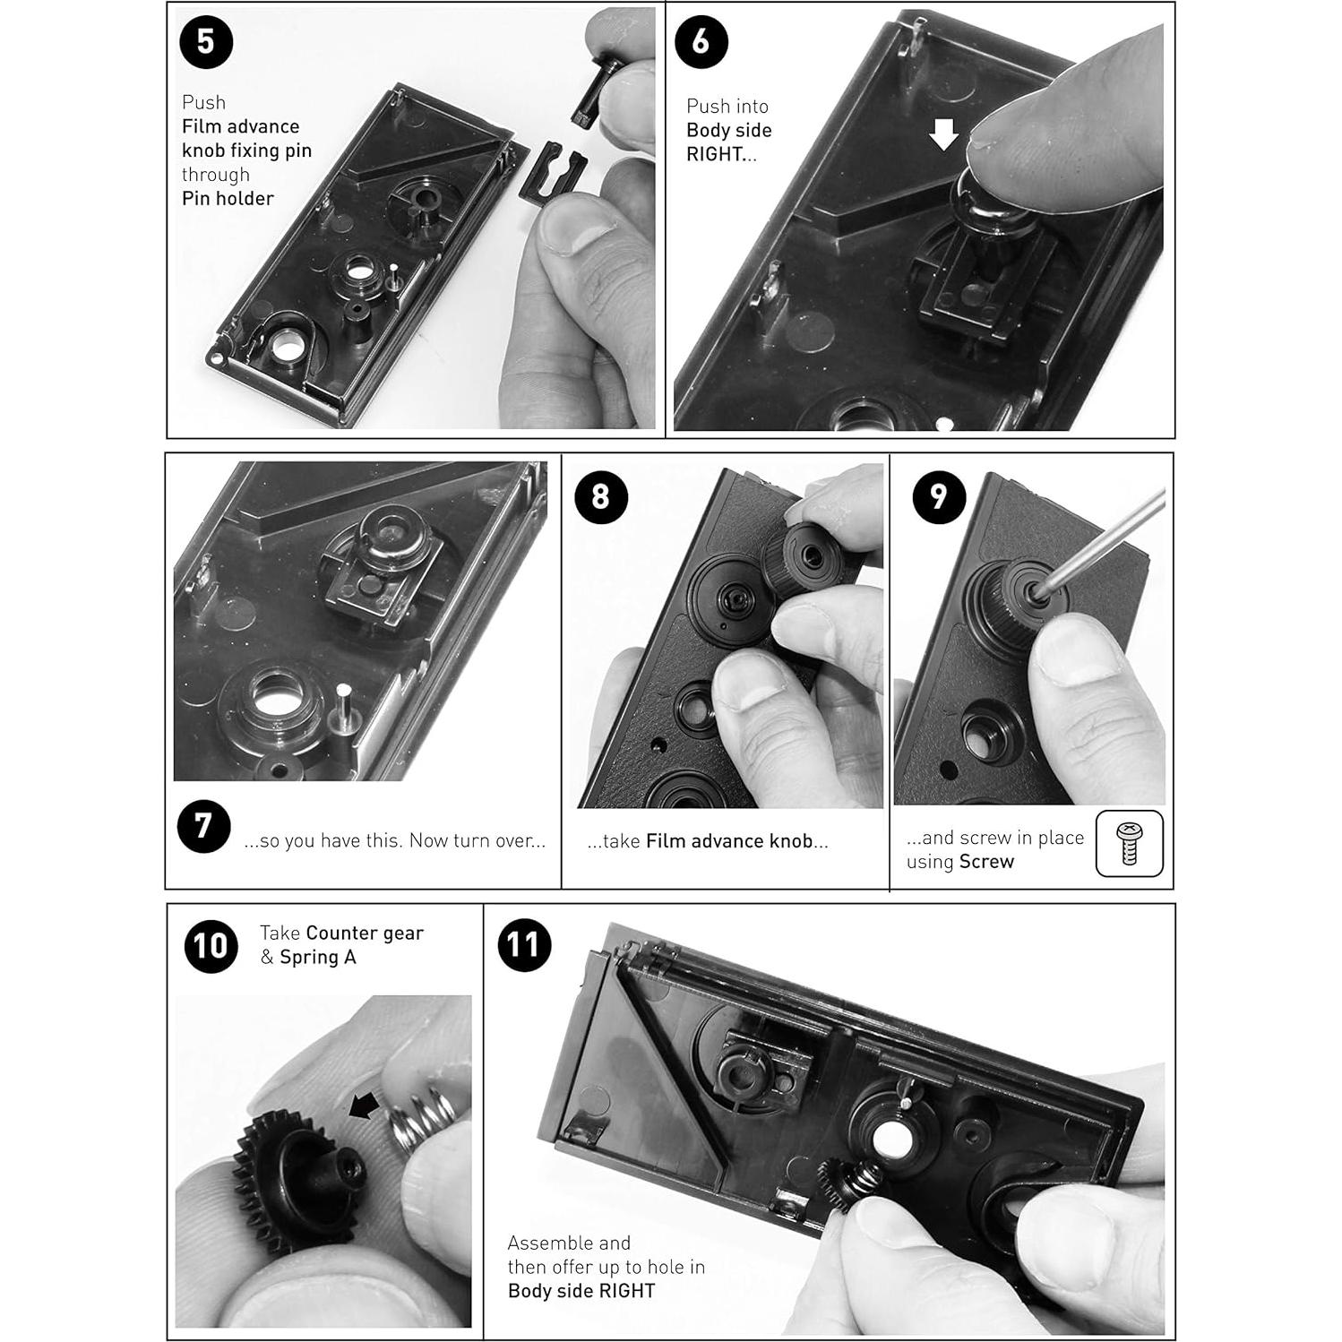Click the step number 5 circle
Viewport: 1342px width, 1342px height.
point(206,42)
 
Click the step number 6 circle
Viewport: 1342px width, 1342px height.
point(701,41)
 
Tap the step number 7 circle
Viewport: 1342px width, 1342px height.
point(203,826)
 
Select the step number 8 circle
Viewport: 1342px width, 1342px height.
point(600,496)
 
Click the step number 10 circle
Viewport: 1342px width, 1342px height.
point(211,945)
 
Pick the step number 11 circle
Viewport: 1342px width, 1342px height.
point(523,944)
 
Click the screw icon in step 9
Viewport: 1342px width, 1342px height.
point(1129,843)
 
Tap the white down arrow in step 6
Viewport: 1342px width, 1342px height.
point(943,135)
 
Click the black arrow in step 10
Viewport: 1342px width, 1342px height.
point(363,1107)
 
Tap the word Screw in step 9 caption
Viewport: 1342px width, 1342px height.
point(986,862)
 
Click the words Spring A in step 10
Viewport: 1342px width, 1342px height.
point(317,958)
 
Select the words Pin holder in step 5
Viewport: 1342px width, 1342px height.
point(228,199)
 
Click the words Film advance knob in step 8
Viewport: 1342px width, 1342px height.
point(728,841)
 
